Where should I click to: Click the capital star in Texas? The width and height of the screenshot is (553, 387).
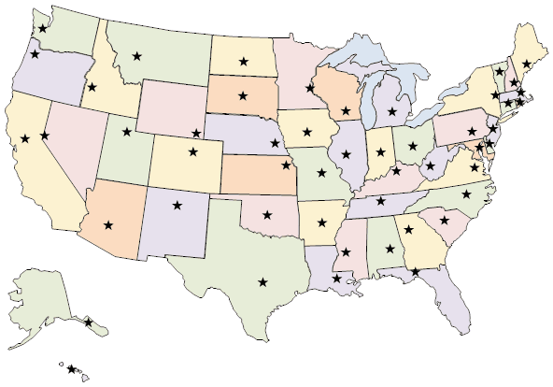click(262, 281)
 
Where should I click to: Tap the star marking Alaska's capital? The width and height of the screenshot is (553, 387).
click(89, 322)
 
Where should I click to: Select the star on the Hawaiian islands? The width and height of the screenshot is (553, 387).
click(71, 369)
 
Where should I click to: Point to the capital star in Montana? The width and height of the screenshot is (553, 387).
click(137, 56)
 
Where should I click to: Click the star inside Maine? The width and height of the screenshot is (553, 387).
click(527, 64)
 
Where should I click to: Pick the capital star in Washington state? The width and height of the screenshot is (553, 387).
click(42, 29)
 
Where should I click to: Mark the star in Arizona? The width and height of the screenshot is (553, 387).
click(108, 224)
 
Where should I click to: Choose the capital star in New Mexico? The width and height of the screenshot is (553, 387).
click(177, 205)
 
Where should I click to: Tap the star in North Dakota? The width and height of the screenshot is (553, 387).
click(243, 62)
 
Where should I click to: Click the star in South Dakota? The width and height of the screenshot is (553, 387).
click(243, 94)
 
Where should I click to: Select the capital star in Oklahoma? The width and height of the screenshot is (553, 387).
click(269, 211)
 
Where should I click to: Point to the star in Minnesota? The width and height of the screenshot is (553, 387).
click(310, 90)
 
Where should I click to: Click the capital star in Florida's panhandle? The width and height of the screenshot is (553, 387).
click(415, 272)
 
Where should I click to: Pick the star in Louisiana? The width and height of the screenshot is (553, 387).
click(336, 278)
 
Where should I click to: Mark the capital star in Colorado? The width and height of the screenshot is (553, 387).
click(193, 151)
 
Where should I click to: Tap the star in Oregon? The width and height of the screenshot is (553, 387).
click(35, 54)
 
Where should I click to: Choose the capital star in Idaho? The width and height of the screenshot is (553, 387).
click(92, 88)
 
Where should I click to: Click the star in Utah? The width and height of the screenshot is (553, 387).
click(125, 132)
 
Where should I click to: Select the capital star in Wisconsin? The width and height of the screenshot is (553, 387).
click(347, 111)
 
